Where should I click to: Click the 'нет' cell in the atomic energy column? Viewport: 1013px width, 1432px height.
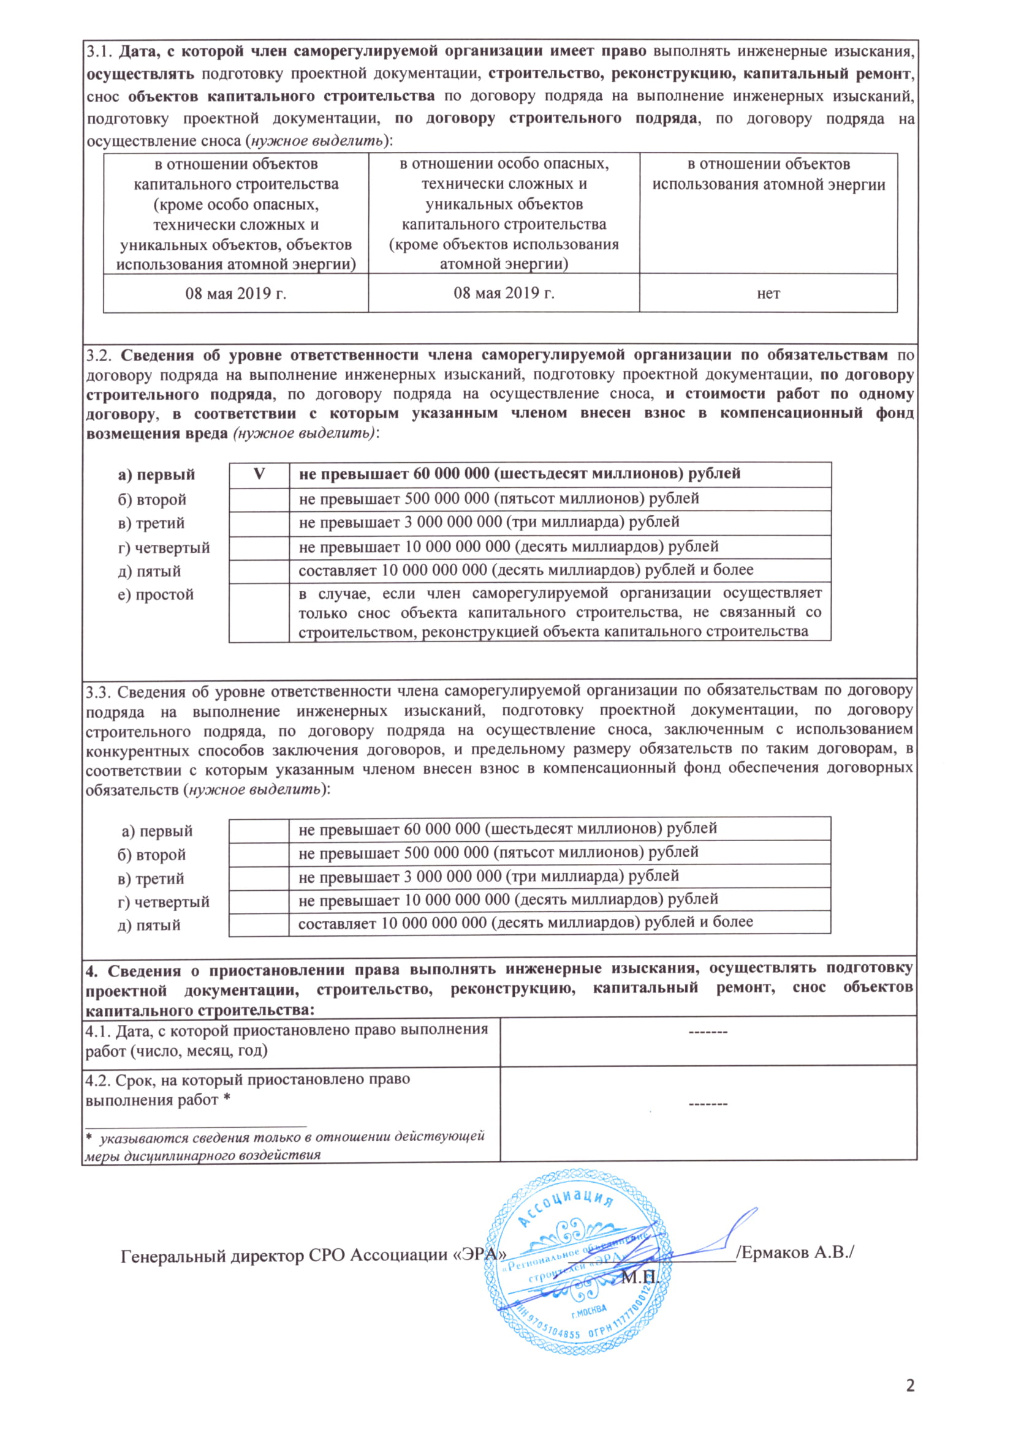click(768, 293)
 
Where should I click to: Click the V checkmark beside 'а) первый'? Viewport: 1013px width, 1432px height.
click(259, 474)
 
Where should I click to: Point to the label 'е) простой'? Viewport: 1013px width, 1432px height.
click(156, 594)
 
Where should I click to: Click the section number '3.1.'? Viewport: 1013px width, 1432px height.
click(99, 51)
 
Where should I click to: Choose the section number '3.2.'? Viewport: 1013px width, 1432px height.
click(99, 355)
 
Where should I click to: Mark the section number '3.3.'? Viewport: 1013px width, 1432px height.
click(99, 692)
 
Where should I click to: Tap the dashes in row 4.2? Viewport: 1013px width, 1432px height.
click(708, 1104)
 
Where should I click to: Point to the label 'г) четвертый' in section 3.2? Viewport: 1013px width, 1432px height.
click(164, 547)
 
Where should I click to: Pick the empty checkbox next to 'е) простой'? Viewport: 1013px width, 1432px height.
click(259, 612)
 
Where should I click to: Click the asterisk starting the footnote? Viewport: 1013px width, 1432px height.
click(89, 1136)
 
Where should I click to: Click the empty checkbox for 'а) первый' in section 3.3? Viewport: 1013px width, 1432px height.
click(259, 829)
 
